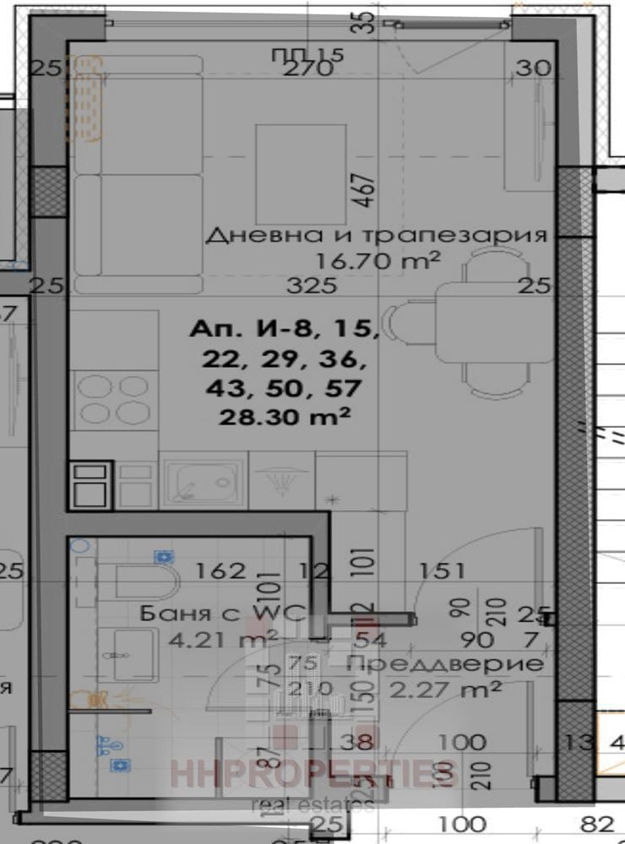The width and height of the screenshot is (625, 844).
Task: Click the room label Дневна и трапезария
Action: [376, 235]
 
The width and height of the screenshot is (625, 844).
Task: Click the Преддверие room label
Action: [445, 663]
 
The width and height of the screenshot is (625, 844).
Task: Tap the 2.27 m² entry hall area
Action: [446, 690]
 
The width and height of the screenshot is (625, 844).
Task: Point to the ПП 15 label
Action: [307, 55]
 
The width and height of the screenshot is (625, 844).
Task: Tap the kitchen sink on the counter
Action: [202, 484]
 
